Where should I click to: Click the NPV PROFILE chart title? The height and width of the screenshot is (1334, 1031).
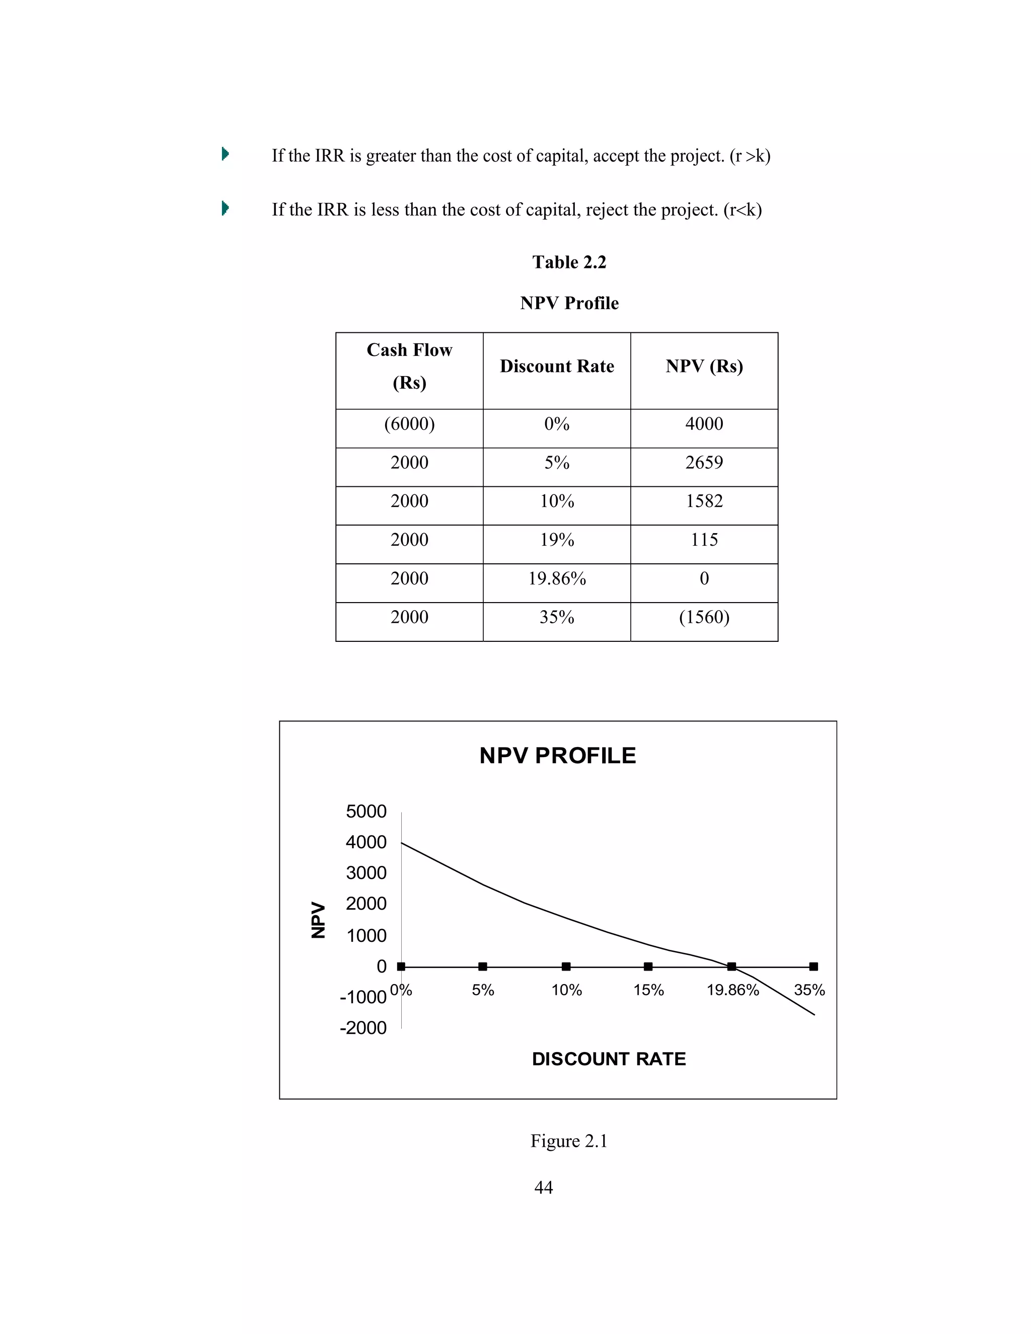coord(557,756)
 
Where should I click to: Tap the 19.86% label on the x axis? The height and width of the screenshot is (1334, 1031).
coord(732,990)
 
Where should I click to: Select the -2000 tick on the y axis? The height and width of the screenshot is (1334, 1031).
coord(363,1027)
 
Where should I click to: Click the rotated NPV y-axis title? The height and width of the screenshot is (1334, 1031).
coord(318,919)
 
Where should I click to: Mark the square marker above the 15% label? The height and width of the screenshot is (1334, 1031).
coord(648,967)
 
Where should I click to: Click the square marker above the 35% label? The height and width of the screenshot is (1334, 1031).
coord(813,967)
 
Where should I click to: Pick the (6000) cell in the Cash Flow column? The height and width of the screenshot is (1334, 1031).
coord(409,424)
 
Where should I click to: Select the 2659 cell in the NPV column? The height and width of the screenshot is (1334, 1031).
coord(704,463)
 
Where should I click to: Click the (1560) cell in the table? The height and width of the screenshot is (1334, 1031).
coord(704,617)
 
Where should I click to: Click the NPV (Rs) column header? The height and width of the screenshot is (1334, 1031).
coord(704,366)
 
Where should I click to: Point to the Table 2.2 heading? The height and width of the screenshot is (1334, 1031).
coord(569,262)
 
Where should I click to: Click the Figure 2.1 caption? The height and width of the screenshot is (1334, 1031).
coord(569,1141)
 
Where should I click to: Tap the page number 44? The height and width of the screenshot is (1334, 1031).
coord(543,1187)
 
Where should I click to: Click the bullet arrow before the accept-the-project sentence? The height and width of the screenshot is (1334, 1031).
coord(225,154)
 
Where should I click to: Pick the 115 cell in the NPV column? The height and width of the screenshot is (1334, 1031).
coord(704,540)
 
